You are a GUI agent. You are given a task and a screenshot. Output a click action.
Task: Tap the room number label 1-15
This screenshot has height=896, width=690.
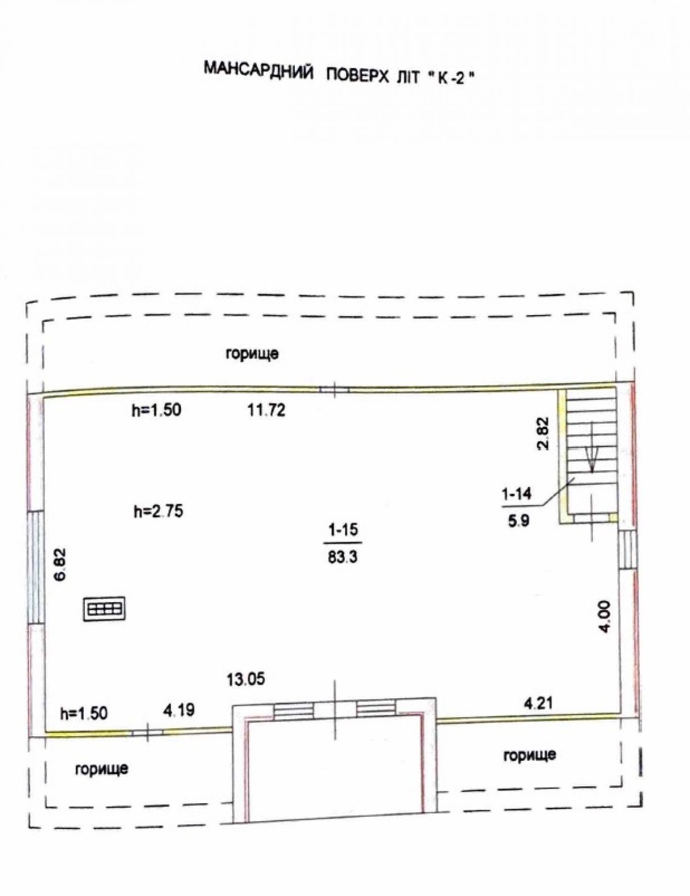344,530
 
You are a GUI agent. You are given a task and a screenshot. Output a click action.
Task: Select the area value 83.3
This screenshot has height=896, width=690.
343,557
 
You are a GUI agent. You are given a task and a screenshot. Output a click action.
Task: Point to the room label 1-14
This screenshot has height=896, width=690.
517,493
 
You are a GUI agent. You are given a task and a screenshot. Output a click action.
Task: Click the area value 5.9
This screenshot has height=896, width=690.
518,520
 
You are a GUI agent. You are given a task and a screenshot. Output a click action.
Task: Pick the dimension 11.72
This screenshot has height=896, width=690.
266,410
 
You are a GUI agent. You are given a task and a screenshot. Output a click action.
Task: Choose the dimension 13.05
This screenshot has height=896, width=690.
246,679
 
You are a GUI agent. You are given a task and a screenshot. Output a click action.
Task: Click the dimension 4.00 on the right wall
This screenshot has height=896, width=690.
604,616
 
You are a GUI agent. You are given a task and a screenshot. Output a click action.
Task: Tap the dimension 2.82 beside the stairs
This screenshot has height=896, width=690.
543,433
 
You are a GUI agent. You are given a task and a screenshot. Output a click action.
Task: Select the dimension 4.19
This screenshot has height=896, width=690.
179,710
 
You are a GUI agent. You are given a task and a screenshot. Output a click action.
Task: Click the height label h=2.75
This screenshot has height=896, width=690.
158,511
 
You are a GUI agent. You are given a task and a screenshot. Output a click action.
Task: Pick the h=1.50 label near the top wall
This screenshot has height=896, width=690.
156,410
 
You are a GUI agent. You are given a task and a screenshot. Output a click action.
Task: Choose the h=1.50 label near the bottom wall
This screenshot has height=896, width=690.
84,713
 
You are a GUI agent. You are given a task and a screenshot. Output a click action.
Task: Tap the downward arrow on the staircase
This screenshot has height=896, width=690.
592,458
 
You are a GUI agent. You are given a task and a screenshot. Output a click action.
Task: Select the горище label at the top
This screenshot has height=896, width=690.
252,354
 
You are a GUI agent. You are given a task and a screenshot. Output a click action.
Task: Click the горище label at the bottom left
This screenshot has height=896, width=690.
102,769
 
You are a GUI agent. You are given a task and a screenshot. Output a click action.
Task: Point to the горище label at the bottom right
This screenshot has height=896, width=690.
530,755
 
